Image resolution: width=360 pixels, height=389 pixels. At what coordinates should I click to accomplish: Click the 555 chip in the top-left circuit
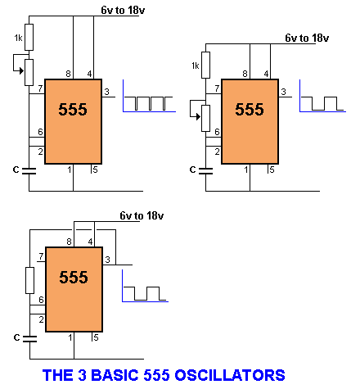point(73,121)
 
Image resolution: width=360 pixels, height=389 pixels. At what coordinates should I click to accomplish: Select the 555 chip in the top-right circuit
point(250,121)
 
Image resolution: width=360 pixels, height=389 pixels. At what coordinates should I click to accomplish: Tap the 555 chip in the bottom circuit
point(74,289)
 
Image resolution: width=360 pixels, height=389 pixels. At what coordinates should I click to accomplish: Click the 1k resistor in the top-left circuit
point(29,37)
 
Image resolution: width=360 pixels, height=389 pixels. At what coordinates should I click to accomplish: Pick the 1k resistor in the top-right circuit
point(206,65)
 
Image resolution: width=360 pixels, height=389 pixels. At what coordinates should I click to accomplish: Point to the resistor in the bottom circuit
point(29,280)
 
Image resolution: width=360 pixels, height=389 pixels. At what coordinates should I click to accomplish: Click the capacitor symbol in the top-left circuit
point(29,171)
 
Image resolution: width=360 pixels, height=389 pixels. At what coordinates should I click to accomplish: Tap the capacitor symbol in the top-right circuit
point(205,171)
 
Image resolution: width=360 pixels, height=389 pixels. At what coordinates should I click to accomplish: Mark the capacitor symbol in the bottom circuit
point(29,339)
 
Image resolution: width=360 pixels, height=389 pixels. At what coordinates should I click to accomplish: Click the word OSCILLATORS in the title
point(230,375)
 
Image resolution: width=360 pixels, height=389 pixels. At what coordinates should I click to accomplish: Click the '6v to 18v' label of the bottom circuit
point(142,215)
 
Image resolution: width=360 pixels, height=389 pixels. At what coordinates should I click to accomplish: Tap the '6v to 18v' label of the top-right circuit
point(307,38)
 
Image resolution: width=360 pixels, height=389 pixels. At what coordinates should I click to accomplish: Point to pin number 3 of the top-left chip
point(106,92)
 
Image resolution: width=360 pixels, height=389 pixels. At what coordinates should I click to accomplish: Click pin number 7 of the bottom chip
point(41,256)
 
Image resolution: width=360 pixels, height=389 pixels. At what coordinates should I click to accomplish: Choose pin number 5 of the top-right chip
point(272,170)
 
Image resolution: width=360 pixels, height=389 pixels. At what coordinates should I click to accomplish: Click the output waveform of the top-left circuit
point(149,103)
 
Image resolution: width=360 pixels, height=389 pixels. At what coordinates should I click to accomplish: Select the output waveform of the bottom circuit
point(145,293)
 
